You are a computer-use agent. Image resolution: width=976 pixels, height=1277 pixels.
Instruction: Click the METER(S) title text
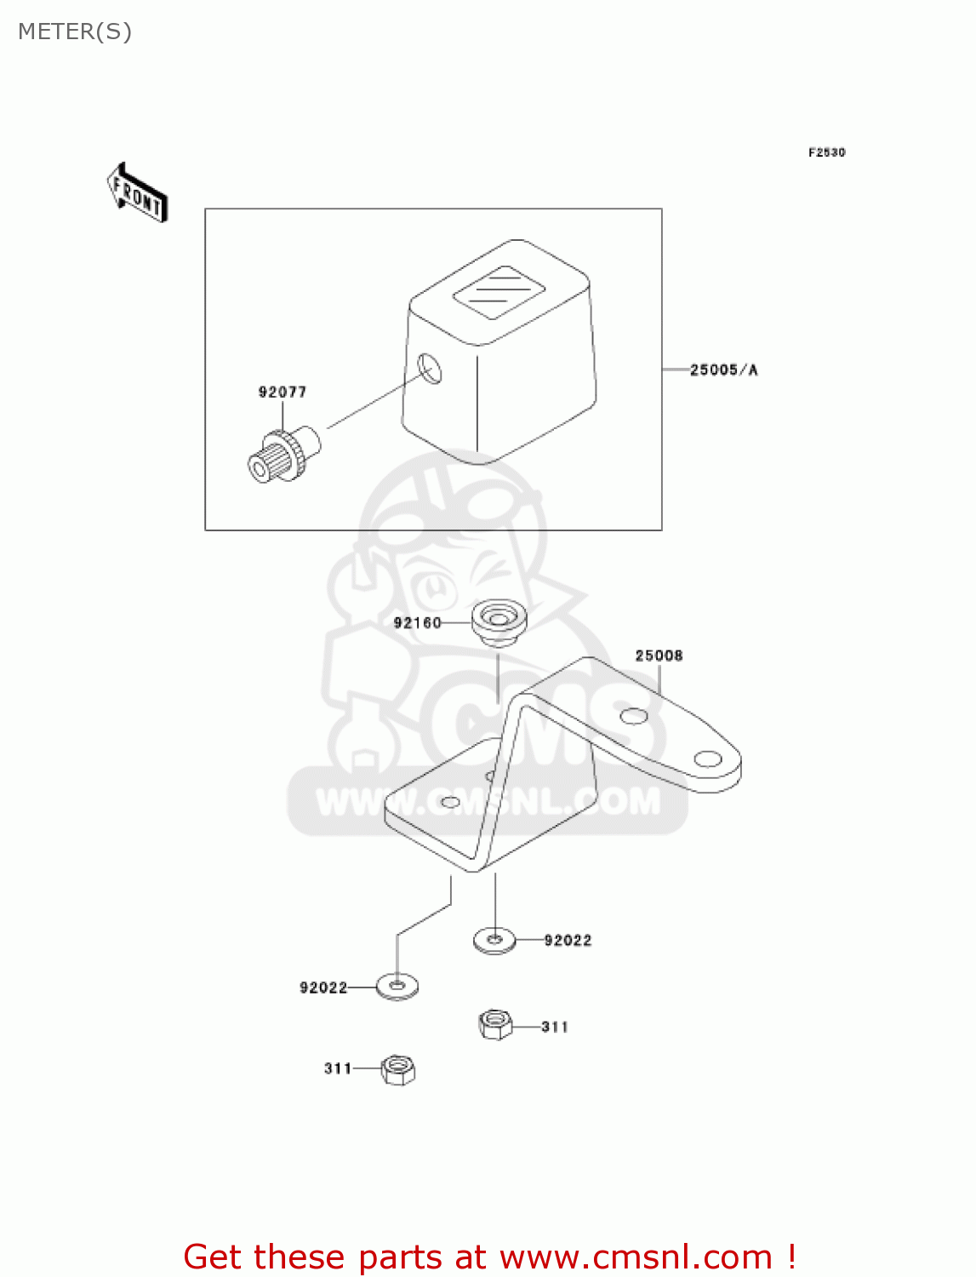coord(75,31)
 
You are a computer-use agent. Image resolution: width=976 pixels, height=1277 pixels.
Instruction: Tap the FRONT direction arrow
coord(137,193)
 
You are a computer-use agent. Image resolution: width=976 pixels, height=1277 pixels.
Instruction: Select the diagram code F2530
coord(826,152)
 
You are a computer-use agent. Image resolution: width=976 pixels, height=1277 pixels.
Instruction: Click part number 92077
coord(283,392)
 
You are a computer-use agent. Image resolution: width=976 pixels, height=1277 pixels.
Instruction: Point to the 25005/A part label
coord(723,369)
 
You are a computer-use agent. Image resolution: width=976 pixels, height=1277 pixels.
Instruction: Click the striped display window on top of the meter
coord(499,291)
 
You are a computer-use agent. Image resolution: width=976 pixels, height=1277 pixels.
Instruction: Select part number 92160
coord(417,622)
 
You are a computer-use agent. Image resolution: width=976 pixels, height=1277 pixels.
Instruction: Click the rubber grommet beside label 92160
coord(499,621)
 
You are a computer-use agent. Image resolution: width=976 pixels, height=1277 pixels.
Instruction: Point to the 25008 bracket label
coord(659,655)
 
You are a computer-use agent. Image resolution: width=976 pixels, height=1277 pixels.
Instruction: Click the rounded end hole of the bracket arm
coord(708,759)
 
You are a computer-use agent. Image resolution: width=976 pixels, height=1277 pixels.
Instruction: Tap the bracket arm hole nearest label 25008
coord(634,716)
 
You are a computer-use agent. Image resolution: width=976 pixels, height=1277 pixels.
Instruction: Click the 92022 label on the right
coord(568,940)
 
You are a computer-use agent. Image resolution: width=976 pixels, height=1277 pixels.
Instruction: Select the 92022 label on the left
coord(323,988)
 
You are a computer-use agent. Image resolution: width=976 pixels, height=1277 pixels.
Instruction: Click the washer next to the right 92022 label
coord(494,940)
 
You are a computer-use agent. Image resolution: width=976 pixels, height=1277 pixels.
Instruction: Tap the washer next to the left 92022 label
coord(397,987)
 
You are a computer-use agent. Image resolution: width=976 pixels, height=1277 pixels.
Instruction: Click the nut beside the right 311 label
coord(495,1024)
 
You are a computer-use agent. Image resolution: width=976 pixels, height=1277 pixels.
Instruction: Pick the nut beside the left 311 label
coord(397,1069)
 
